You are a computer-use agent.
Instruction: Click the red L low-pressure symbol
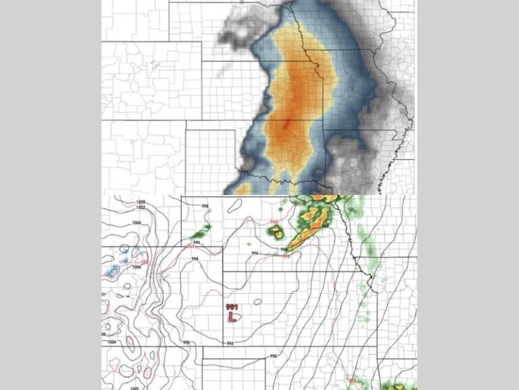[x=232, y=317]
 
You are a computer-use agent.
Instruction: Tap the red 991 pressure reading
[x=232, y=307]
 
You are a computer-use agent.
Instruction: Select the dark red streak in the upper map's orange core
[x=287, y=125]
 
